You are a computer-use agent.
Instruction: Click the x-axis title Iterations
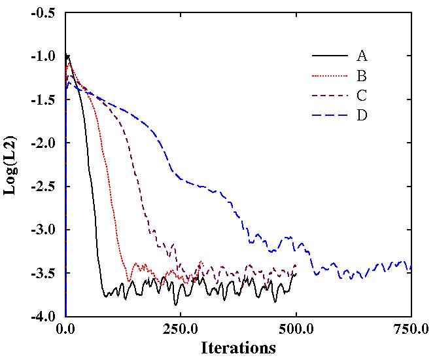[x=238, y=347]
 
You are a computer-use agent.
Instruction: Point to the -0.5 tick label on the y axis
[x=44, y=14]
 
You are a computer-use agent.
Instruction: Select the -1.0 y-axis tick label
[x=44, y=57]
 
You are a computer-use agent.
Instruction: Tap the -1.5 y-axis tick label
[x=44, y=100]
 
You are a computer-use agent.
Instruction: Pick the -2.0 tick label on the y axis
[x=44, y=143]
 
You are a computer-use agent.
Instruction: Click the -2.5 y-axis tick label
[x=44, y=187]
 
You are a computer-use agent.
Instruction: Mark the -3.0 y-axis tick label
[x=44, y=230]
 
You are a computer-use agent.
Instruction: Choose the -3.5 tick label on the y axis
[x=44, y=273]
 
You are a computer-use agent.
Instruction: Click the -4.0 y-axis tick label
[x=44, y=316]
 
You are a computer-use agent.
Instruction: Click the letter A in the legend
[x=362, y=56]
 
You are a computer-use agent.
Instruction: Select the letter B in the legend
[x=362, y=76]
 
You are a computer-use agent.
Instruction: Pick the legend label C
[x=362, y=96]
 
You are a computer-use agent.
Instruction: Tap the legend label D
[x=362, y=115]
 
